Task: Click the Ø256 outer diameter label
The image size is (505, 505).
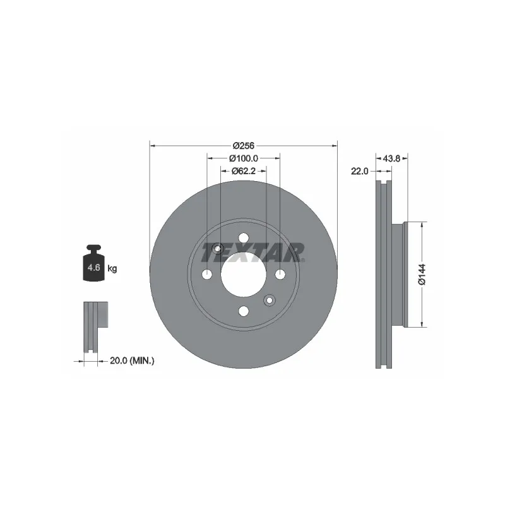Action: coord(243,145)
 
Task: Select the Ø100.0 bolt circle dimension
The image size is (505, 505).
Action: coord(243,158)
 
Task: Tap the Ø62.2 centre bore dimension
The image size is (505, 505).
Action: coord(243,170)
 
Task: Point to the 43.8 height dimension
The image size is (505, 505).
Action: coord(392,158)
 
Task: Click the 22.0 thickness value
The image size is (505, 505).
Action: coord(359,170)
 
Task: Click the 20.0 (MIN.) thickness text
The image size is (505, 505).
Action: coord(132,360)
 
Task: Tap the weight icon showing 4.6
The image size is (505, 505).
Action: coord(93,266)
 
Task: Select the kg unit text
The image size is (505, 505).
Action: coord(112,269)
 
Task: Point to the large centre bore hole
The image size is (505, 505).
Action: coord(243,274)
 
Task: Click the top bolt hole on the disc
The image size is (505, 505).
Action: coord(243,238)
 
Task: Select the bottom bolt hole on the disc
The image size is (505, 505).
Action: coord(243,311)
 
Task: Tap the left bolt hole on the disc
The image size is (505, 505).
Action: coord(207,274)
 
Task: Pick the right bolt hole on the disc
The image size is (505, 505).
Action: coord(280,274)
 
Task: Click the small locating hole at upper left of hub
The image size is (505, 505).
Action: coord(218,248)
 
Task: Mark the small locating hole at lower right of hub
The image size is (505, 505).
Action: coord(269,300)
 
